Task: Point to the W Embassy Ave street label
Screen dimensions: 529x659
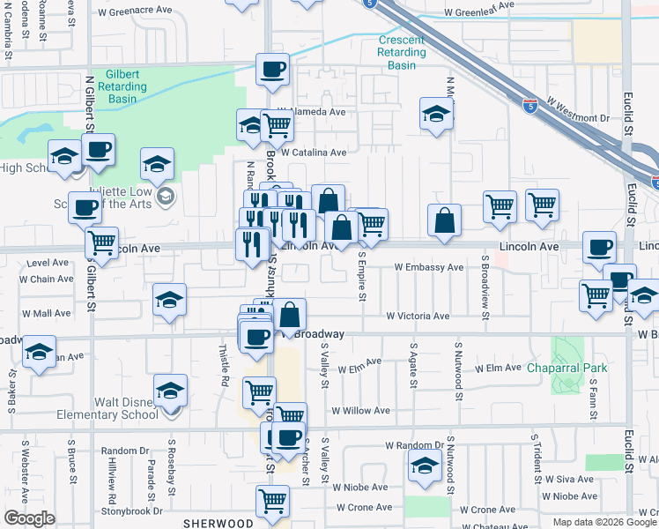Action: click(x=428, y=267)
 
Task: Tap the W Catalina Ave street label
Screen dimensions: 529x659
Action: click(x=313, y=152)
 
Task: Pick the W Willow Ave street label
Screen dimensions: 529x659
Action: click(x=360, y=411)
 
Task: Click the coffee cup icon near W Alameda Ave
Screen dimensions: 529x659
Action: click(x=272, y=69)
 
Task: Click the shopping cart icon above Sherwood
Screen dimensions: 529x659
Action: click(x=272, y=501)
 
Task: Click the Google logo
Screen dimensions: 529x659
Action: click(x=29, y=518)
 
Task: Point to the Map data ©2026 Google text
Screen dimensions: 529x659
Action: click(x=603, y=522)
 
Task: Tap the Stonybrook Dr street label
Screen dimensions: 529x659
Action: click(x=132, y=510)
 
